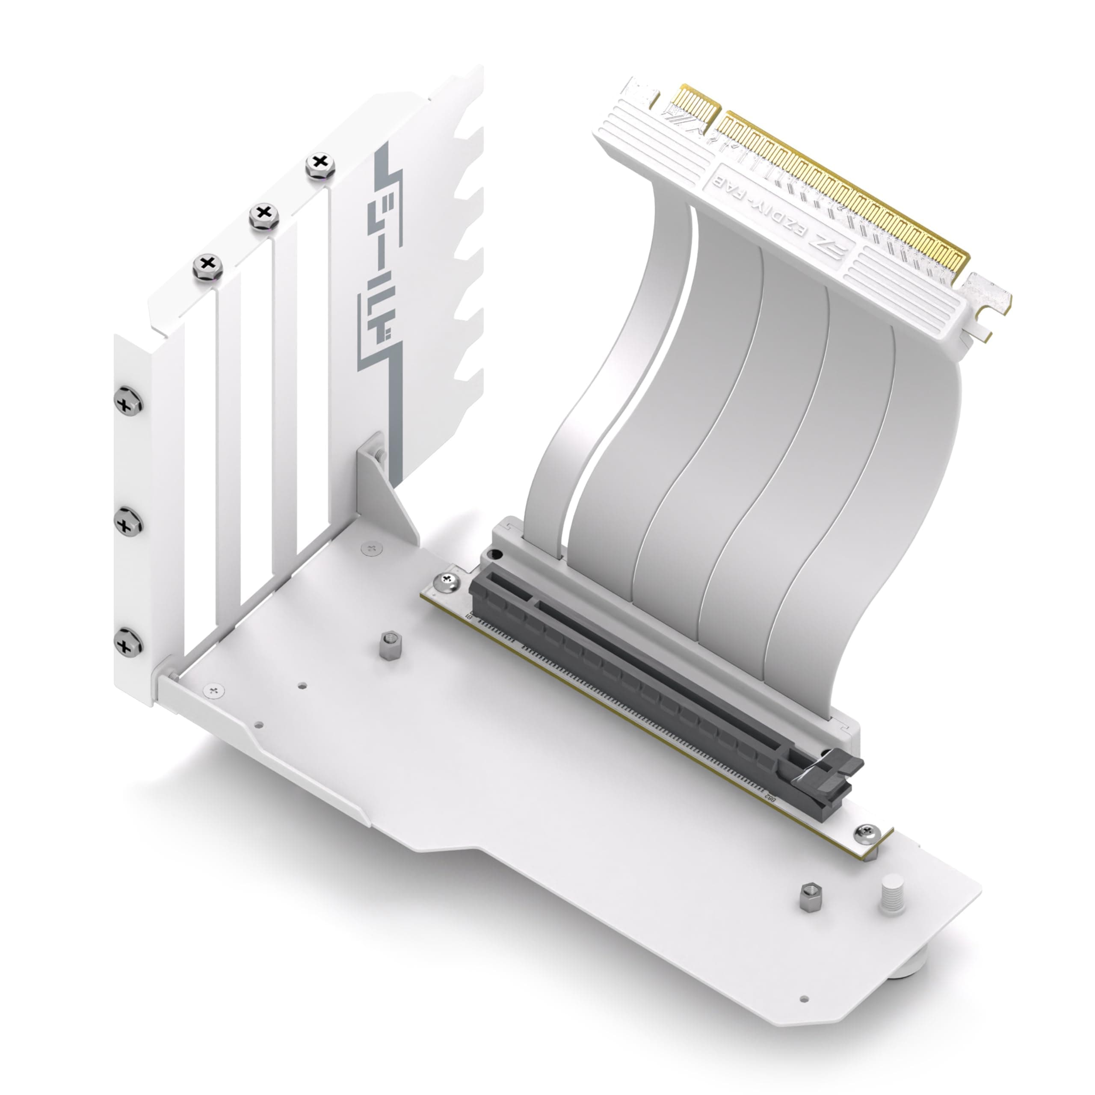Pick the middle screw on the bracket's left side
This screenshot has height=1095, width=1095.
point(128,521)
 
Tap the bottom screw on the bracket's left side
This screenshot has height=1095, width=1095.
point(128,642)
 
